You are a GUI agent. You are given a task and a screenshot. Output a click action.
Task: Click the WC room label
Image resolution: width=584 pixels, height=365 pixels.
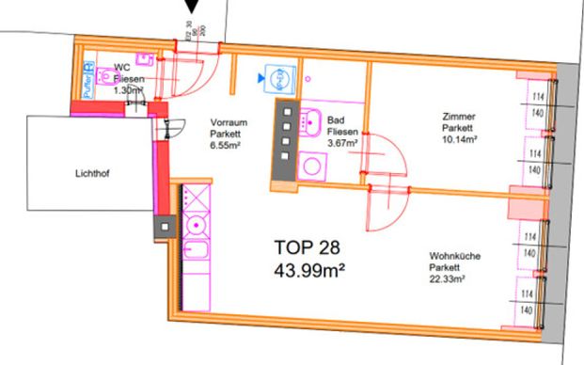tap(121, 68)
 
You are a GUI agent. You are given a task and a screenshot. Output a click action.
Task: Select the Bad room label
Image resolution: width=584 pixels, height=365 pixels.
tap(336, 121)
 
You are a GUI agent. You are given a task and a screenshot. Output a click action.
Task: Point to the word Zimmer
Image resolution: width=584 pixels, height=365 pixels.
tap(458, 117)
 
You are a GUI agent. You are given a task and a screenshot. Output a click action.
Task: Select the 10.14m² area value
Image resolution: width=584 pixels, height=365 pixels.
tap(459, 140)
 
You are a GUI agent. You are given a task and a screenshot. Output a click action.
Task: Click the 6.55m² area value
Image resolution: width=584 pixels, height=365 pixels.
tap(226, 146)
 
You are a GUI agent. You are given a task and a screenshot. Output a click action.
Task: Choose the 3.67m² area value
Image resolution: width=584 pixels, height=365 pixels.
tap(339, 145)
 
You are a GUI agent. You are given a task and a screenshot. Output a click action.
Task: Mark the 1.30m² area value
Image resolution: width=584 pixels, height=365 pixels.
tap(127, 91)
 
